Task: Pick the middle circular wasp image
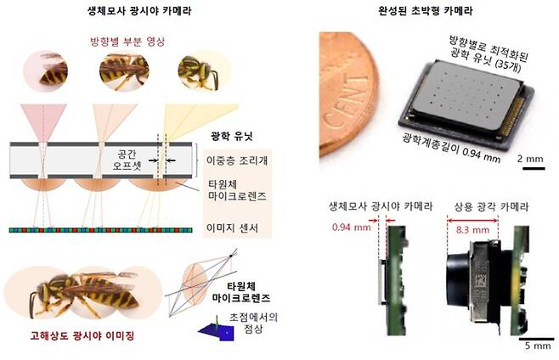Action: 124,71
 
